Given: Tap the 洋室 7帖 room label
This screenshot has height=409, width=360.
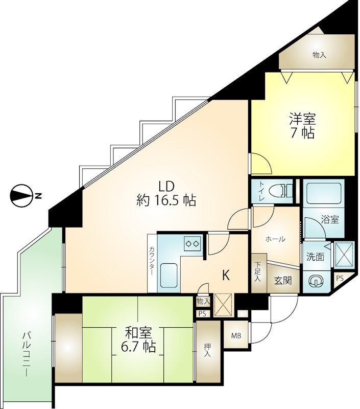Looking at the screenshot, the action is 302,126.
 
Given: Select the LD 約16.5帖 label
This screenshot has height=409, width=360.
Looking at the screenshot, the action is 166,194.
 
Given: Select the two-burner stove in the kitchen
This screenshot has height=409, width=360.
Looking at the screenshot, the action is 193,243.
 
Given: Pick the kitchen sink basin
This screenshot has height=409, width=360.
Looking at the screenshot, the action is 169,275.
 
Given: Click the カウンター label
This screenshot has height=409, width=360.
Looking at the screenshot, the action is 152,260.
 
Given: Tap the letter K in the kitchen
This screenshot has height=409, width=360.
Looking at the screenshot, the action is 226,275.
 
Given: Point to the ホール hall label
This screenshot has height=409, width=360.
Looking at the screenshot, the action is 275,239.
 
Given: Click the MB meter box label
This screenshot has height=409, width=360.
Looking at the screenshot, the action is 236,336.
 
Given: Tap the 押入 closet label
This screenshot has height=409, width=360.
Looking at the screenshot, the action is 207,350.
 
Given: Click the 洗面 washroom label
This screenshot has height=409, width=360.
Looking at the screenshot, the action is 315,257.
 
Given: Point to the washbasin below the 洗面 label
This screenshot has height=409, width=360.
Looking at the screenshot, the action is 316,281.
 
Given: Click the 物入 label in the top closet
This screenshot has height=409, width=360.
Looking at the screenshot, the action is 319,55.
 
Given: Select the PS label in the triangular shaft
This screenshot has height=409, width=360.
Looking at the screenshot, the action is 340,278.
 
